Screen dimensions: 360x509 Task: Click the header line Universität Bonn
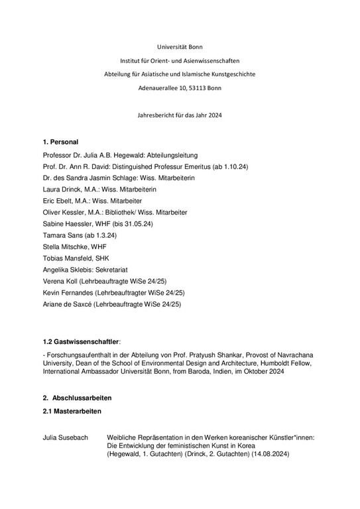[180, 47]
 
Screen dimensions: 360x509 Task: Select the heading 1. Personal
[60, 142]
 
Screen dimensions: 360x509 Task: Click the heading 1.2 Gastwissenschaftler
[80, 341]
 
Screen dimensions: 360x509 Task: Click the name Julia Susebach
[65, 437]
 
